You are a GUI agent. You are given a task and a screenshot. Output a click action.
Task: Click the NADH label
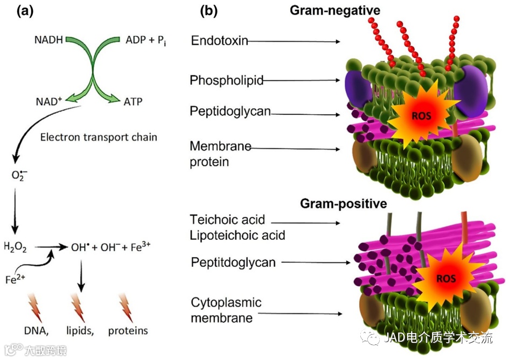(49, 40)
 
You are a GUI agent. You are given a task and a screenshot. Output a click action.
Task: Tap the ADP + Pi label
(145, 40)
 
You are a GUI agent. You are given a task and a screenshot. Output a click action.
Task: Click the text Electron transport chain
(99, 137)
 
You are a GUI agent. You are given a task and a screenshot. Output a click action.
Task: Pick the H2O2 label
(15, 247)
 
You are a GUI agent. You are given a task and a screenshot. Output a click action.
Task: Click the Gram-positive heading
(343, 204)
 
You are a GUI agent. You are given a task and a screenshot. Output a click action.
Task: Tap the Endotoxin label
(219, 41)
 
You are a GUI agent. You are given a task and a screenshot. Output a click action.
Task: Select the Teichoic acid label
(227, 220)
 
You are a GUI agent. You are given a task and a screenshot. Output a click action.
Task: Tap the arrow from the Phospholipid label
(302, 81)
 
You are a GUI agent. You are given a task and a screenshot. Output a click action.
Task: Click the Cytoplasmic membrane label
(226, 310)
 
